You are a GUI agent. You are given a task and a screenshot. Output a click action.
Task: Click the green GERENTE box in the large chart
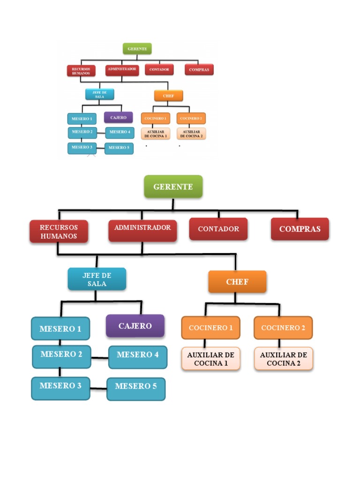click(173, 187)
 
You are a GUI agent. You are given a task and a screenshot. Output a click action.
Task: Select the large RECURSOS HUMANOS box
click(59, 232)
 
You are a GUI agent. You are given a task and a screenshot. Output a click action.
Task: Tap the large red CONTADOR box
click(218, 229)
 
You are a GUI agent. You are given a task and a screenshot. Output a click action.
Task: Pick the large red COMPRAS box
click(300, 229)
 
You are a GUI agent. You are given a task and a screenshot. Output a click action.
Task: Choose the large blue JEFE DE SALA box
click(97, 279)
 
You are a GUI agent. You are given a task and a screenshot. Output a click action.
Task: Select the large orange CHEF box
click(237, 282)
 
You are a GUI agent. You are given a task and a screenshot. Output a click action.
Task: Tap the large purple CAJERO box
click(135, 326)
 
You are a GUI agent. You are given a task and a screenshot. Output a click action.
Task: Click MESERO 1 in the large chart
click(60, 329)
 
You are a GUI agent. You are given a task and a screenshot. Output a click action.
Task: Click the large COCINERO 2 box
click(283, 328)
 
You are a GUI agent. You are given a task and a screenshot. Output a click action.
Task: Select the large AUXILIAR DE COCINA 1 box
click(210, 359)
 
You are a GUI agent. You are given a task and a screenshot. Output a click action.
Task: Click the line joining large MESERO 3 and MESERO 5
click(98, 388)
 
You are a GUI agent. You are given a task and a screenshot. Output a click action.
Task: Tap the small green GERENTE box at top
click(137, 48)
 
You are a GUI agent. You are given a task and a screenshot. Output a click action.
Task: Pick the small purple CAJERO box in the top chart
click(118, 117)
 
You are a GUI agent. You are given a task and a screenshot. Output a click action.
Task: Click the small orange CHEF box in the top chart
click(168, 96)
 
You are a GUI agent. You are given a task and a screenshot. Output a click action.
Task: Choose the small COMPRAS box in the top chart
click(199, 70)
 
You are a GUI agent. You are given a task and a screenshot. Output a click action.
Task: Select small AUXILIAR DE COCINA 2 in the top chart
click(191, 134)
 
